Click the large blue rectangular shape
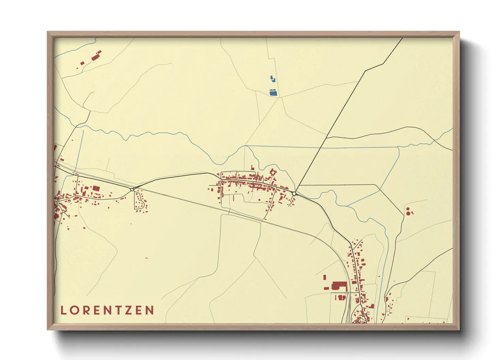click(x=273, y=92)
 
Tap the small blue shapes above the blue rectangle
click(x=273, y=79)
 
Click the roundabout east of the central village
click(x=294, y=193)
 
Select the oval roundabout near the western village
click(x=132, y=190)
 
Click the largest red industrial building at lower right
click(x=338, y=286)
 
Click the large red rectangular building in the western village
click(x=96, y=188)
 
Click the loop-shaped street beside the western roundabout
click(x=139, y=200)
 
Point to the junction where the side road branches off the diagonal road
click(x=327, y=137)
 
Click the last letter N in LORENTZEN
click(x=149, y=310)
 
